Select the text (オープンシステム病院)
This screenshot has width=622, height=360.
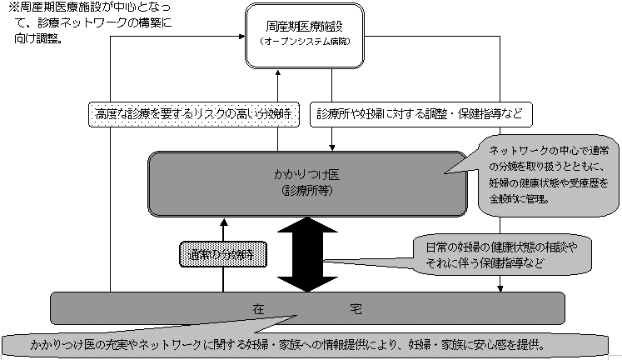coord(306,42)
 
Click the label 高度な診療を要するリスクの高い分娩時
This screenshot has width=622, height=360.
coord(192,113)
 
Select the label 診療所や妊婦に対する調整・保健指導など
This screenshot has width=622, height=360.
coord(420,113)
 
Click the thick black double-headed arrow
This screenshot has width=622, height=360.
coord(306,254)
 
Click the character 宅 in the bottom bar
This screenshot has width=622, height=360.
coord(356,308)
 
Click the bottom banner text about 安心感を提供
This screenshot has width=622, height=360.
coord(287,342)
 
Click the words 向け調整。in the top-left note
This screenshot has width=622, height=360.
coord(37,37)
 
